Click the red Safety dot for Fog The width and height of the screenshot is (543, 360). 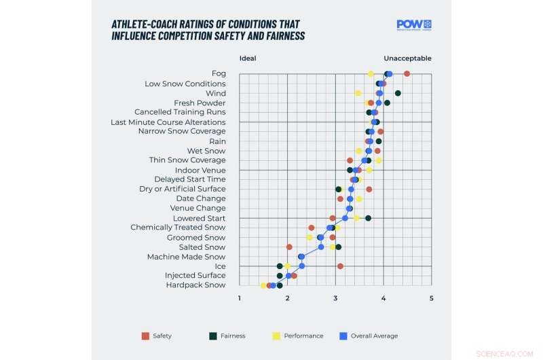pos(407,73)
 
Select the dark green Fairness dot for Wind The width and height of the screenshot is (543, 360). pos(398,93)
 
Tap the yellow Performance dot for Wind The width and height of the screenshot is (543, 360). pos(358,93)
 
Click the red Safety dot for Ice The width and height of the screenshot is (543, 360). pos(340,266)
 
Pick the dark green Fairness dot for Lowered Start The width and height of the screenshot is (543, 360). pos(368,218)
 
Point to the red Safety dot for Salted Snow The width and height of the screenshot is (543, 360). pos(289,247)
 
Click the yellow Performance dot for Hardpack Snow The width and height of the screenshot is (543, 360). pos(263,285)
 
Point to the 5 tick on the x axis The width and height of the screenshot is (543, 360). pos(431,298)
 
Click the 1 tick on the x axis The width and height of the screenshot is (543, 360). pos(239,298)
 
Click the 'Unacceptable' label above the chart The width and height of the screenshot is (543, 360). pos(407,58)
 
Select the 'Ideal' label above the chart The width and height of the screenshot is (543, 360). pos(248,58)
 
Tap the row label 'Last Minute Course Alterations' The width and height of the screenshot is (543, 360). pos(168,122)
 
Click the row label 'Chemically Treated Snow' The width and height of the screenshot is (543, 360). pos(178,228)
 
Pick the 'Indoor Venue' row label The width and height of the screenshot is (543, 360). pos(200,170)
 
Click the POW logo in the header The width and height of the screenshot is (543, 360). pos(414,24)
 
